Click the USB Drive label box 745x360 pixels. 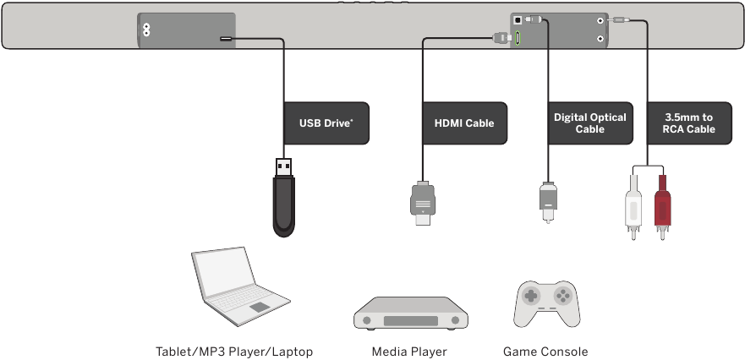click(326, 123)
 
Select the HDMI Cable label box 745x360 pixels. click(464, 123)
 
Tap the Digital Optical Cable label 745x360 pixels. click(590, 123)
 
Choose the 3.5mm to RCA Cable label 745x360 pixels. click(689, 123)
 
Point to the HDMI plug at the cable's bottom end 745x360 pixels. click(422, 202)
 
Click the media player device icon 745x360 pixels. click(410, 314)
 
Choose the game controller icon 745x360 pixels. click(546, 303)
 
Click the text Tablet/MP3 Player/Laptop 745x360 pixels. click(234, 352)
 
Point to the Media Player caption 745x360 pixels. click(409, 352)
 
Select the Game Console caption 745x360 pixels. click(545, 352)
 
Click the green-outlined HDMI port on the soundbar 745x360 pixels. click(518, 37)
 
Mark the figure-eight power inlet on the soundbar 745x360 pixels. click(145, 29)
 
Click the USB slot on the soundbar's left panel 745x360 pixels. click(227, 38)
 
